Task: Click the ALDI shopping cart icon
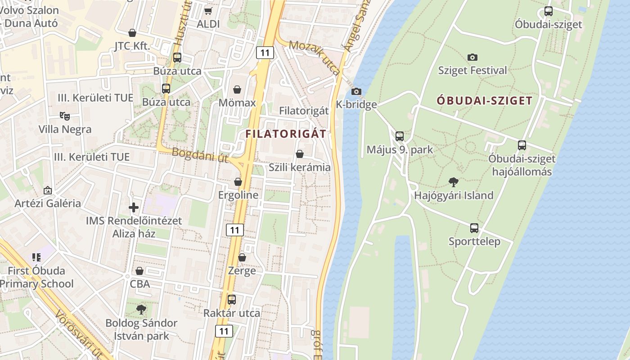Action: pos(208,10)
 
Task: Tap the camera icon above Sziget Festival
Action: pos(472,57)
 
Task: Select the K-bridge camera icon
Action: pos(356,91)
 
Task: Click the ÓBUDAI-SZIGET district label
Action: pos(484,101)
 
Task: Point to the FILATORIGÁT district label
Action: pos(285,134)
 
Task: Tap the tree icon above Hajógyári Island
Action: pos(454,182)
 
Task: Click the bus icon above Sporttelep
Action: pos(474,228)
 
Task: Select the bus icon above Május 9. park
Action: pos(399,136)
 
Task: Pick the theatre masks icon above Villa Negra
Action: pos(65,116)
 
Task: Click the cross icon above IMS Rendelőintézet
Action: pos(134,207)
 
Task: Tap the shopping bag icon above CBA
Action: pos(139,271)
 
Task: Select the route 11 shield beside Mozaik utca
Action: pos(265,53)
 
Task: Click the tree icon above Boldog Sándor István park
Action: pos(141,310)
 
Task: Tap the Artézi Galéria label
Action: pos(48,203)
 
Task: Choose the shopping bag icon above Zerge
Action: pos(242,257)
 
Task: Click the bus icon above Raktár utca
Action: pos(232,299)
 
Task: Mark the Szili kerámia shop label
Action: pos(299,167)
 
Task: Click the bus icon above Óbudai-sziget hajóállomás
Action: pos(522,145)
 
